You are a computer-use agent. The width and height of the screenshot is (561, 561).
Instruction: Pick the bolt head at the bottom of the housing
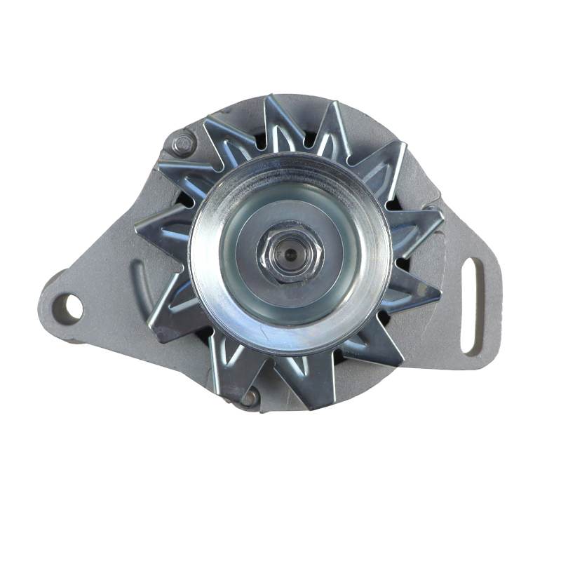[x=250, y=398]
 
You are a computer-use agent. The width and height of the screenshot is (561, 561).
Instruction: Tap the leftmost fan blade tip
[x=136, y=228]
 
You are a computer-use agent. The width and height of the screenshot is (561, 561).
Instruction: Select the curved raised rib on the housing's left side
[x=138, y=280]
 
